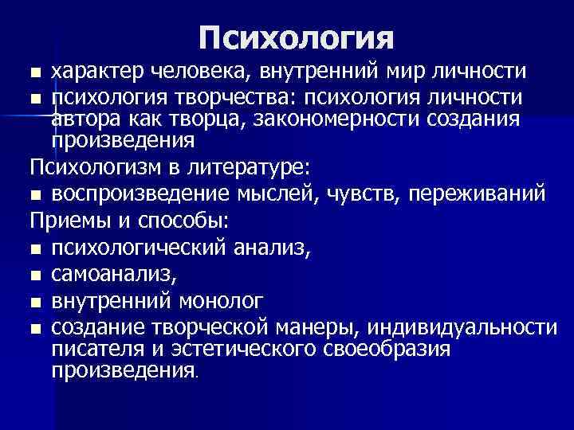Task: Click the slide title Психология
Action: tap(296, 37)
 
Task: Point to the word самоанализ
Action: tap(108, 275)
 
